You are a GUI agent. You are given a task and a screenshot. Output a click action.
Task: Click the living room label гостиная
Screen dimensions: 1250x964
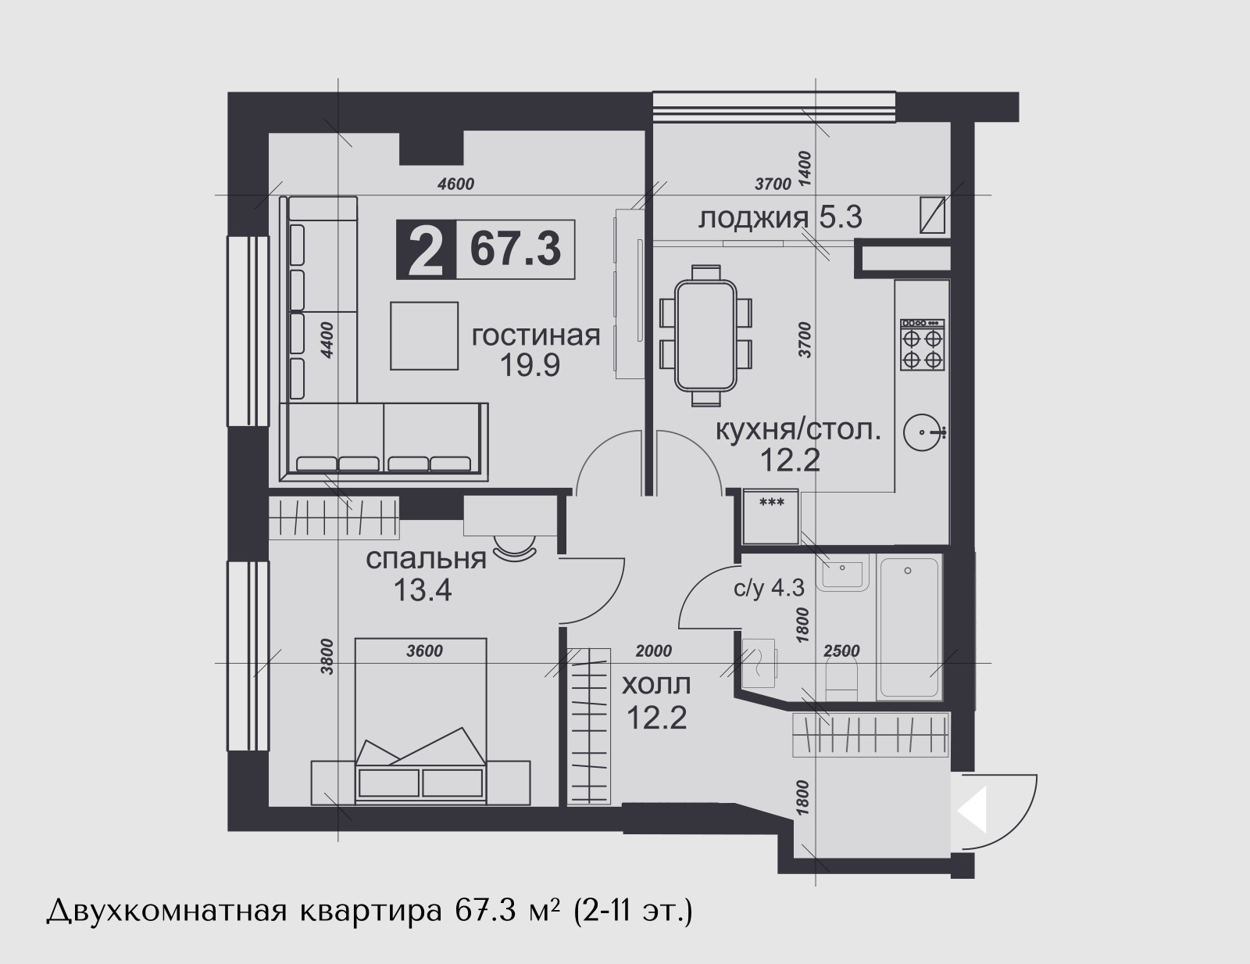coord(536,335)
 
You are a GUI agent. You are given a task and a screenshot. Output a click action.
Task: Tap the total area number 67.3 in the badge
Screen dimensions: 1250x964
coord(516,249)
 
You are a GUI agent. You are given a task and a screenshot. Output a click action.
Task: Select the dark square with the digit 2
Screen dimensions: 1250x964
coord(426,249)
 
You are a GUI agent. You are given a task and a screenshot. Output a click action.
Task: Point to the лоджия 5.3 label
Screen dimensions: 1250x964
coord(780,218)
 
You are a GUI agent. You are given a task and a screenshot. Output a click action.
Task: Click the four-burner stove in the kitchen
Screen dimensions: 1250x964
coord(922,345)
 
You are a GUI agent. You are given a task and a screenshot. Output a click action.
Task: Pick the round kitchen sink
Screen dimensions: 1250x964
coord(923,432)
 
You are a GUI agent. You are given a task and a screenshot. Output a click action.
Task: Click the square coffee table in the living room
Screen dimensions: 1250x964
coord(424,336)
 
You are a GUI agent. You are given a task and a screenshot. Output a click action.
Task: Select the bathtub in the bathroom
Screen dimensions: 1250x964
coord(909,627)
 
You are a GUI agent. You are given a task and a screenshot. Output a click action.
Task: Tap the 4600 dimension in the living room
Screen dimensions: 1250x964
coord(455,185)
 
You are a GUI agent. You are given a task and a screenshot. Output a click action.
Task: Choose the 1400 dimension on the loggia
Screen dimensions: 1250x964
coord(805,168)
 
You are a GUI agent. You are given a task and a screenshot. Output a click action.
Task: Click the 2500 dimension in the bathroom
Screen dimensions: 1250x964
coord(841,651)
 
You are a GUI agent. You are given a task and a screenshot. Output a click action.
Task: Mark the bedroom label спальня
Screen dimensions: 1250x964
coord(427,559)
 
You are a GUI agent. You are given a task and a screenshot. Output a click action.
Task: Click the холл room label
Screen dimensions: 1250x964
coord(656,685)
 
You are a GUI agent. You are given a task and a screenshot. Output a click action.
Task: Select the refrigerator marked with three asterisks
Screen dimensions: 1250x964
coord(771,517)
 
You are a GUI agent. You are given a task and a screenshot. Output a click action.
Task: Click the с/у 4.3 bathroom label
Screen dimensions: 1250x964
coord(769,588)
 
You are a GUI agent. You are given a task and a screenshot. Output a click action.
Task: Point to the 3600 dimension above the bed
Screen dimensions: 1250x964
coord(424,651)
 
